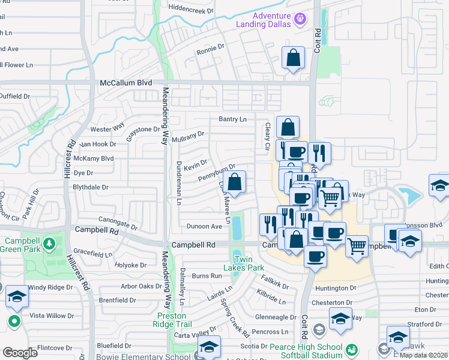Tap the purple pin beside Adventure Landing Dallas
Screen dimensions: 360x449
(301, 20)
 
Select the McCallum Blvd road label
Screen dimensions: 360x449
(126, 83)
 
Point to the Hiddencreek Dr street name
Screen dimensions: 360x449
(183, 11)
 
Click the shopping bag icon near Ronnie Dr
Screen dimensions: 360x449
(292, 59)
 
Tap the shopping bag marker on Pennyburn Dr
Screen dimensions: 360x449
(235, 182)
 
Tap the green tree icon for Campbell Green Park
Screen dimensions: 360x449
(50, 244)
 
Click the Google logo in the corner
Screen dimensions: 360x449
(20, 353)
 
